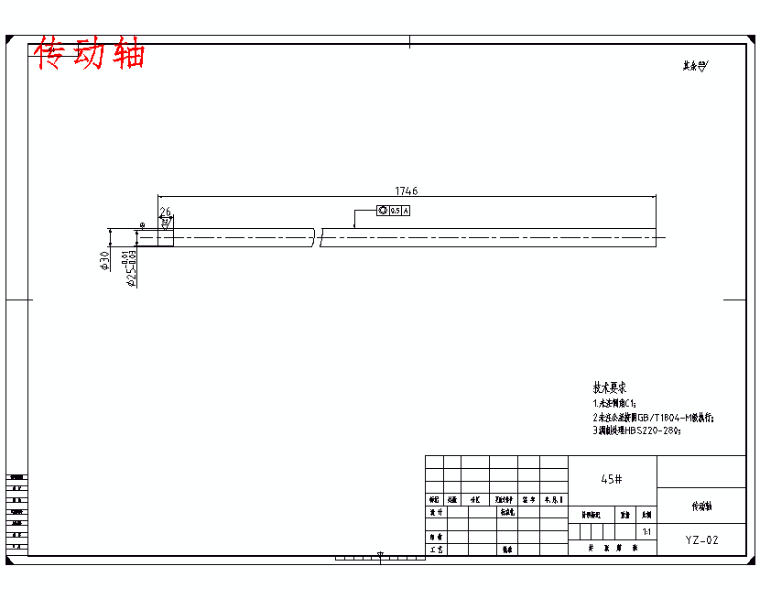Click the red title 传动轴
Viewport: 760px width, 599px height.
pyautogui.click(x=90, y=54)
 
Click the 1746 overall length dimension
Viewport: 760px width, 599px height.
pyautogui.click(x=406, y=191)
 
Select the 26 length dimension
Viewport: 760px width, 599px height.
pyautogui.click(x=165, y=212)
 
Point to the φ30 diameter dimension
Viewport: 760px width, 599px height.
pyautogui.click(x=105, y=260)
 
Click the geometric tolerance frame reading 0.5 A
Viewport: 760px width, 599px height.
pyautogui.click(x=393, y=211)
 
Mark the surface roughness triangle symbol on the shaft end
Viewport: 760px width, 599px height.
pyautogui.click(x=166, y=223)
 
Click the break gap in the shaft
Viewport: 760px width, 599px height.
pyautogui.click(x=317, y=238)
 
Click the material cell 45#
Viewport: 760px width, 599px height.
pyautogui.click(x=612, y=479)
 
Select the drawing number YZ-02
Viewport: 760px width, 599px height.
pyautogui.click(x=701, y=540)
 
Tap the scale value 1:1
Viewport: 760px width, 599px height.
pyautogui.click(x=646, y=531)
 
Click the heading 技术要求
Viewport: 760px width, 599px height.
pyautogui.click(x=610, y=387)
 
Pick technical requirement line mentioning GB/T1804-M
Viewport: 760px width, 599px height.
pyautogui.click(x=653, y=417)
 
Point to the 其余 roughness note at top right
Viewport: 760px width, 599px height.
pyautogui.click(x=695, y=66)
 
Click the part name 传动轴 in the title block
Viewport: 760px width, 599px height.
pyautogui.click(x=701, y=506)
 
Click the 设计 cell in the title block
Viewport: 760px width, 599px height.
pyautogui.click(x=435, y=514)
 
